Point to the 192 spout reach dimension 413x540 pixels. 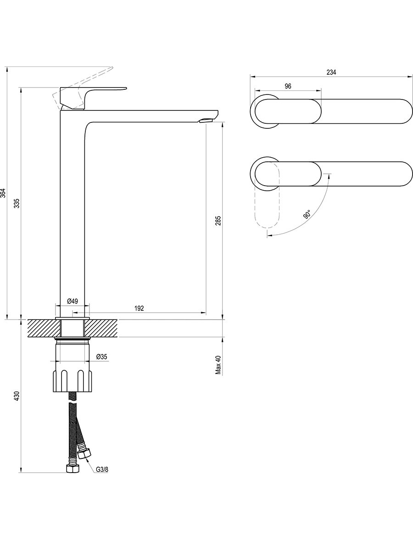point(139,308)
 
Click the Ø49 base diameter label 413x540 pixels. point(73,301)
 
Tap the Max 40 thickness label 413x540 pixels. point(218,365)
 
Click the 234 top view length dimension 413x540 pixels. point(331,72)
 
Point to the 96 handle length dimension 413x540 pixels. point(288,86)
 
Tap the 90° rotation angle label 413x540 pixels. point(307,214)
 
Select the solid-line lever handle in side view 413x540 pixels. point(93,98)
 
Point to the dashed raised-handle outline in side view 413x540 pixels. point(83,88)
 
